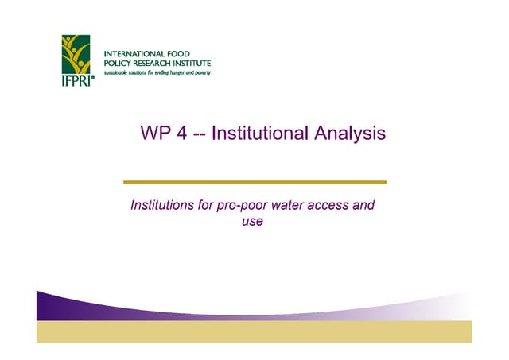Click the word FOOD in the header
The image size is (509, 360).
coord(188,53)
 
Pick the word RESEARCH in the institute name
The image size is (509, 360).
coord(157,63)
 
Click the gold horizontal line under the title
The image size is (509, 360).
coord(254,182)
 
